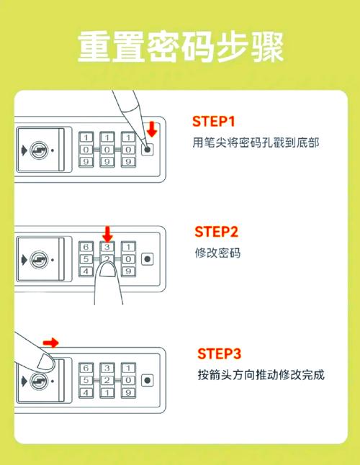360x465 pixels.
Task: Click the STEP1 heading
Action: [x=214, y=122]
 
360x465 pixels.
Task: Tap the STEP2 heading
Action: [x=217, y=232]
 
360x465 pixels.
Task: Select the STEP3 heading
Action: [x=219, y=353]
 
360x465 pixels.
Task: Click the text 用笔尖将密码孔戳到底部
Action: [x=256, y=143]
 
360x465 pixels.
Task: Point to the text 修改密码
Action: [x=217, y=253]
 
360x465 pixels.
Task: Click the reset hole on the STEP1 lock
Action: [x=148, y=150]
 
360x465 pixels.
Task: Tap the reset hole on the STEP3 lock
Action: [x=148, y=379]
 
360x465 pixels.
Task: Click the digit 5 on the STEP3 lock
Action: [x=86, y=379]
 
